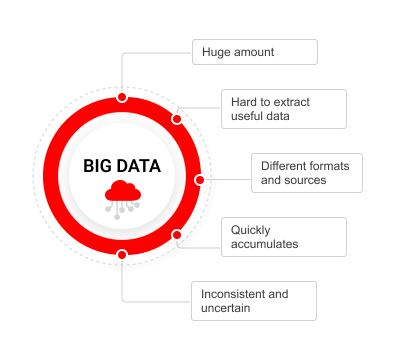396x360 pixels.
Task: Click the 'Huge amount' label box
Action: (254, 51)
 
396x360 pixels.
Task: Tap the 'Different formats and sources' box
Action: (306, 173)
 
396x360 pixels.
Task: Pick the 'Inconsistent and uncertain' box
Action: (254, 301)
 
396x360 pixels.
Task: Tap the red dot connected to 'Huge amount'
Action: (122, 97)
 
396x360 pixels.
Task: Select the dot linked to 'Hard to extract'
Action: (177, 119)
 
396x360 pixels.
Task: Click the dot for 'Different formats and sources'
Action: (200, 180)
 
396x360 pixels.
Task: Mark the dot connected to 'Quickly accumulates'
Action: (177, 236)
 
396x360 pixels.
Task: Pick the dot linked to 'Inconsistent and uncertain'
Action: (122, 255)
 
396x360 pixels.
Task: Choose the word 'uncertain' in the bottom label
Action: (225, 308)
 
